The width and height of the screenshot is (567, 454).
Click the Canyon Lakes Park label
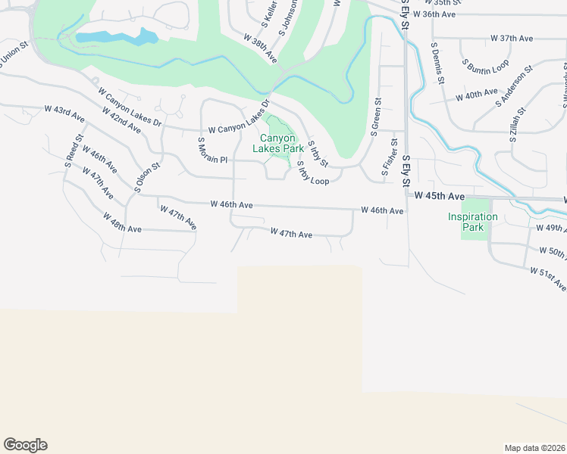pos(282,143)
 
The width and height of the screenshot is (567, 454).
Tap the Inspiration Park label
pos(473,222)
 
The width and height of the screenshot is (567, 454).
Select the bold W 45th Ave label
pos(439,196)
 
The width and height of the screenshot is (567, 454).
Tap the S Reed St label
pos(74,150)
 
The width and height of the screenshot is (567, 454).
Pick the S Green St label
pos(375,117)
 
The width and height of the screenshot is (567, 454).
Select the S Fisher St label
pos(392,157)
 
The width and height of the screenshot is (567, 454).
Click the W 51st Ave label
pos(547,278)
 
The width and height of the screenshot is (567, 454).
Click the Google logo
pos(25,445)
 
